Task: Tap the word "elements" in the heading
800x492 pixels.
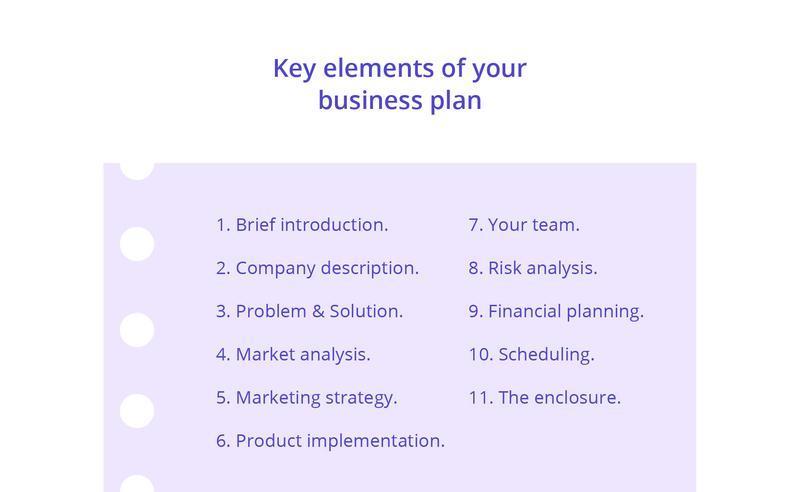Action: pos(379,68)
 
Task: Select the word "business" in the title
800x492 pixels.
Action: pos(370,100)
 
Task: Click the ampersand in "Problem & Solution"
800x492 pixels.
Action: pos(318,311)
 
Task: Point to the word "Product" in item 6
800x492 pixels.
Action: pos(268,441)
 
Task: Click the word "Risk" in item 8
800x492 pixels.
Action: pos(505,268)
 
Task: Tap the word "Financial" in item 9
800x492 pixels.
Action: pos(524,311)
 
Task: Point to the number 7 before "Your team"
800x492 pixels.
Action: pos(473,225)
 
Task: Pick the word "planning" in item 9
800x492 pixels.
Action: pos(603,312)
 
